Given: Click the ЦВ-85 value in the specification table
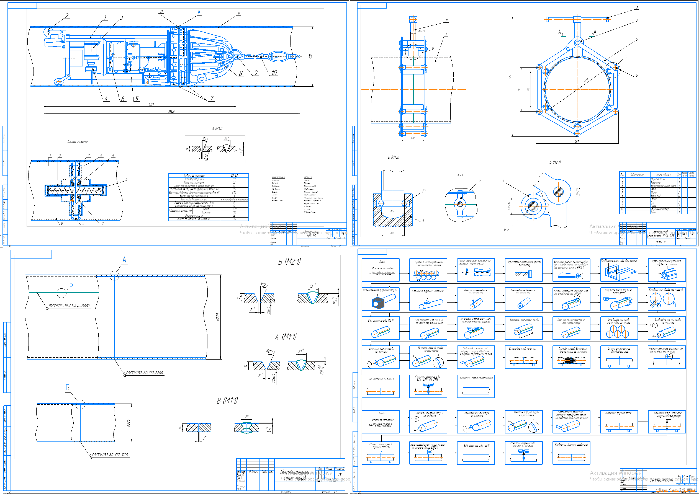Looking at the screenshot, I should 234,175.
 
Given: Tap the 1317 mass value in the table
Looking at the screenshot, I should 234,219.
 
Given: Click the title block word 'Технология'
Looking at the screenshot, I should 661,480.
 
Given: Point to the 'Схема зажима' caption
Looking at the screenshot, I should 77,141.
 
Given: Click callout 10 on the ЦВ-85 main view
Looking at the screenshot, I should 274,73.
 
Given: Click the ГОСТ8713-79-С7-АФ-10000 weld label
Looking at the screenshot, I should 69,306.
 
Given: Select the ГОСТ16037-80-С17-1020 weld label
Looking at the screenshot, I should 110,455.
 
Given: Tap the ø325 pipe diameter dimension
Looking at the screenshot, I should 128,423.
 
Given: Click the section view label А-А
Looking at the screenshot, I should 460,175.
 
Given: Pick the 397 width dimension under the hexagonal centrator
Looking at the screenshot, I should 577,141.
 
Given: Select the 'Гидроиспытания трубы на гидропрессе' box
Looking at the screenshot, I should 619,299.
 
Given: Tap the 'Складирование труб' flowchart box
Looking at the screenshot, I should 619,328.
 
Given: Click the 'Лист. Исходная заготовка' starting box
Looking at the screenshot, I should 380,270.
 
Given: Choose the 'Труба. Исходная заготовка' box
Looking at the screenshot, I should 380,422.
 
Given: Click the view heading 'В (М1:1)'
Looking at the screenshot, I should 227,401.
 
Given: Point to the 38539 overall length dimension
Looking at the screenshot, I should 171,112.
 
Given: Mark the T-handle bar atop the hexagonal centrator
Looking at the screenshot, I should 577,20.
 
